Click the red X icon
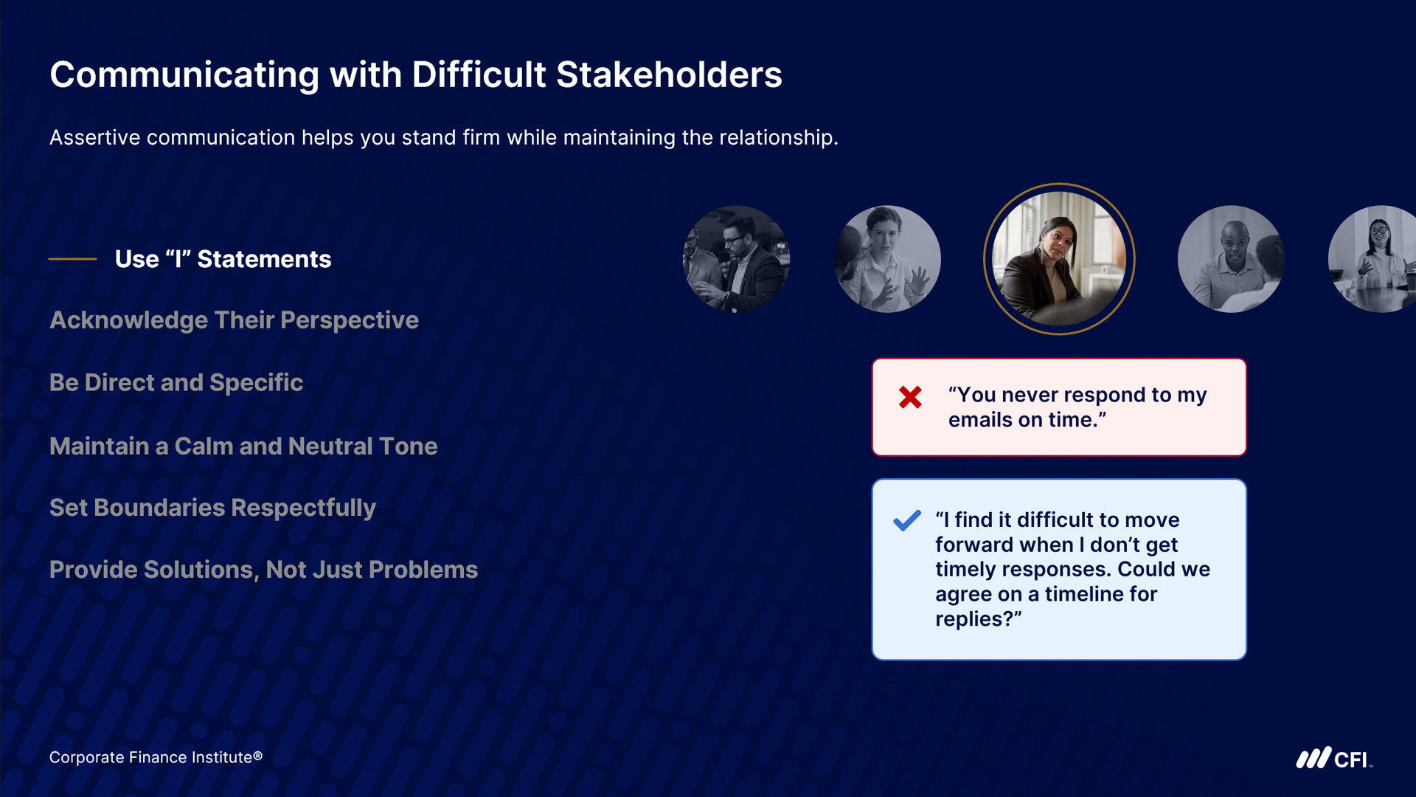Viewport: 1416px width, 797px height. pyautogui.click(x=910, y=397)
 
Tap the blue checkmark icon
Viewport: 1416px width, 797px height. pyautogui.click(x=907, y=520)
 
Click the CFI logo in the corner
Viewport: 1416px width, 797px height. pyautogui.click(x=1334, y=758)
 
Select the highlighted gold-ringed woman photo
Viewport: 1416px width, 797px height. pyautogui.click(x=1059, y=259)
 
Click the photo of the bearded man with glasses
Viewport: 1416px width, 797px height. pyautogui.click(x=736, y=259)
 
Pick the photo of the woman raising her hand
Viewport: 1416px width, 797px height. pyautogui.click(x=887, y=259)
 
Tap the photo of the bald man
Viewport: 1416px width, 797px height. pyautogui.click(x=1231, y=259)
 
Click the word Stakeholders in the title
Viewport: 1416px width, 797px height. pyautogui.click(x=669, y=75)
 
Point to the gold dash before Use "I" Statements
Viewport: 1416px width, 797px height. pyautogui.click(x=72, y=259)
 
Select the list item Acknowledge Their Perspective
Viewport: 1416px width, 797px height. pyautogui.click(x=234, y=320)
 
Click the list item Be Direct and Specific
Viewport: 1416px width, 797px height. pyautogui.click(x=176, y=382)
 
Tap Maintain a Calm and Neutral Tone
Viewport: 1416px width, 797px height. pyautogui.click(x=243, y=446)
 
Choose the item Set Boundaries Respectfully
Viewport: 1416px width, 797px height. pyautogui.click(x=212, y=508)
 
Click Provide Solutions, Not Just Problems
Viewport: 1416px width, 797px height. pyautogui.click(x=263, y=570)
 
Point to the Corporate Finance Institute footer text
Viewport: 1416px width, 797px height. pyautogui.click(x=156, y=757)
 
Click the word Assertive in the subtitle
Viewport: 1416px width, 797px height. pyautogui.click(x=94, y=137)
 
